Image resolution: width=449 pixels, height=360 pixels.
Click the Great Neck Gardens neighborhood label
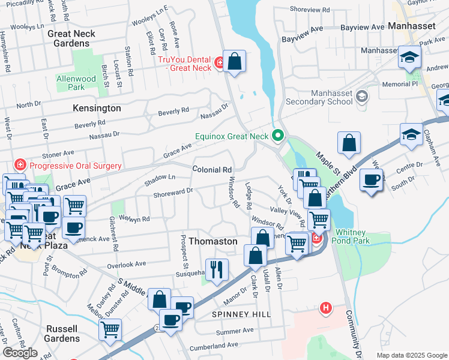[71, 38]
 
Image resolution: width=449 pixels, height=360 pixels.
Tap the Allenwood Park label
[76, 83]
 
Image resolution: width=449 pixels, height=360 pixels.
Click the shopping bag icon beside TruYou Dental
[234, 61]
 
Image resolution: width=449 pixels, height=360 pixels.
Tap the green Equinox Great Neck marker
[277, 136]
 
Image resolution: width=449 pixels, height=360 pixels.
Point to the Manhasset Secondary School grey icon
[362, 97]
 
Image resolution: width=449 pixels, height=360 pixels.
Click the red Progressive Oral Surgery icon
[20, 166]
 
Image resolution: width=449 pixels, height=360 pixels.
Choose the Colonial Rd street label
[212, 170]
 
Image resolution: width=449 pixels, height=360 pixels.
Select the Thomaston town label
[213, 241]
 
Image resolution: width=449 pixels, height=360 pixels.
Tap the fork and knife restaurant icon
[216, 269]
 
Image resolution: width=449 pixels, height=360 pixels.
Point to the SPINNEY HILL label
[241, 314]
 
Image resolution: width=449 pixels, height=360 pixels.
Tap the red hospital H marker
[326, 308]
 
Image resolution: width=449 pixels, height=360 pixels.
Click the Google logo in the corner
[20, 353]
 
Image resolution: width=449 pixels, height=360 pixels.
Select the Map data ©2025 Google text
[411, 355]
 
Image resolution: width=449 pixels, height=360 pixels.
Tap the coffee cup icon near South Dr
[371, 179]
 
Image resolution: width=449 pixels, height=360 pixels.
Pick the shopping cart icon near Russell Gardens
[110, 329]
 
